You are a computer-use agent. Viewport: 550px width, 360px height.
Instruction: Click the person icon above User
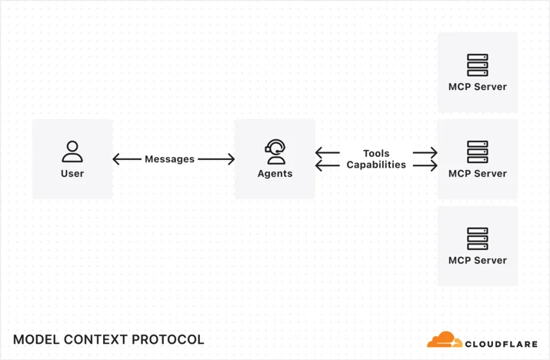point(72,152)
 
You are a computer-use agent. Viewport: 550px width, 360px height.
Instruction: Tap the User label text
point(72,173)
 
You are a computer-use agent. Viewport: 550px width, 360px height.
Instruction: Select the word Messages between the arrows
point(170,159)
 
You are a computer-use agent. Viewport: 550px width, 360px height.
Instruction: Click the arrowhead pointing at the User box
point(117,159)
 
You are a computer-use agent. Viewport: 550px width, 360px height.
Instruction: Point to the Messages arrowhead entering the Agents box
point(231,159)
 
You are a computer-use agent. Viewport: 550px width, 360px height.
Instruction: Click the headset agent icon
point(275,152)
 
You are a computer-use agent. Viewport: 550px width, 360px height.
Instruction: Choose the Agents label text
point(275,173)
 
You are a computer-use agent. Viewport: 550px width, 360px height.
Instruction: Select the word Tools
point(376,153)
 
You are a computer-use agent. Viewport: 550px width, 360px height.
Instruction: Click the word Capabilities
point(376,165)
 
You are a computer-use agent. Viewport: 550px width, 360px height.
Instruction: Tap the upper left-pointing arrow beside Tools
point(327,152)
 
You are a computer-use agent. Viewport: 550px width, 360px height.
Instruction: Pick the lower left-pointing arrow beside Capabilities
point(327,165)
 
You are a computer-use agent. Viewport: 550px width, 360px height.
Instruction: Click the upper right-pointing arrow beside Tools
point(425,152)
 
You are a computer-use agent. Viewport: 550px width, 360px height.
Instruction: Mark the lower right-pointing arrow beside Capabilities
point(425,165)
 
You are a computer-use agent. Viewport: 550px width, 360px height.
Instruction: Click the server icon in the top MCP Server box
point(478,65)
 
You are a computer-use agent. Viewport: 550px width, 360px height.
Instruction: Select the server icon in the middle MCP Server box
point(478,152)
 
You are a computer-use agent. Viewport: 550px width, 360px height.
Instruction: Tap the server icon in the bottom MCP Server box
point(478,238)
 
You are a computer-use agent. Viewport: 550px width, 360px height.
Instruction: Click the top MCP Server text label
point(478,87)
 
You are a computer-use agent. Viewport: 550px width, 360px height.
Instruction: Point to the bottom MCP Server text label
point(478,260)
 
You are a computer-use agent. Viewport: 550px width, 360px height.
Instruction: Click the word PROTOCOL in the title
point(168,340)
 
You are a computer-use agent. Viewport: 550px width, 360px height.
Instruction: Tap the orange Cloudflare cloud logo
point(445,339)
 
